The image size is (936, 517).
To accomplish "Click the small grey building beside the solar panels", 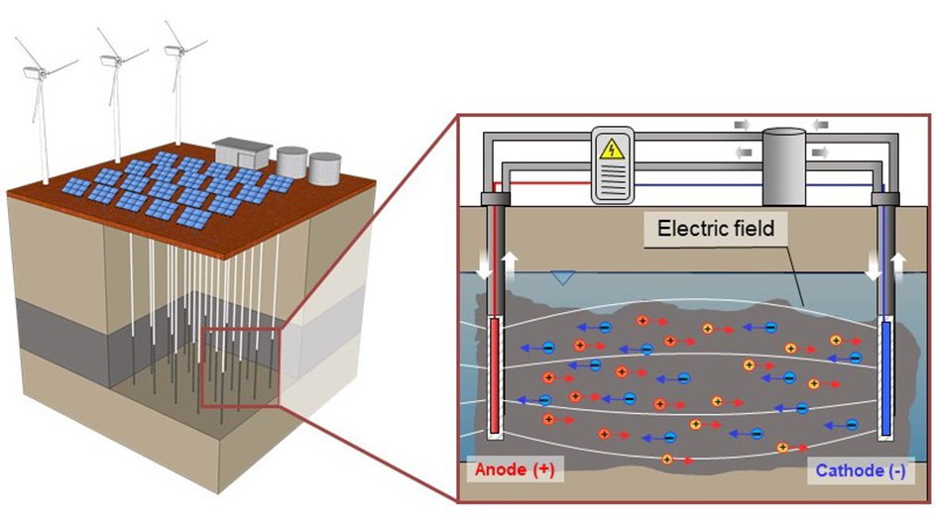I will pos(242,154).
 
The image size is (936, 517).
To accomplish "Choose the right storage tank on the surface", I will pos(324,168).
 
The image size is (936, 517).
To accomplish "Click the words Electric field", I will pos(717,230).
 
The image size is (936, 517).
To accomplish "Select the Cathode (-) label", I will pos(860,472).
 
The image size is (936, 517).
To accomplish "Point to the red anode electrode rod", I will pos(495,376).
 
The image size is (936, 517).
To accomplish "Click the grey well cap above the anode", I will pos(494,199).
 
